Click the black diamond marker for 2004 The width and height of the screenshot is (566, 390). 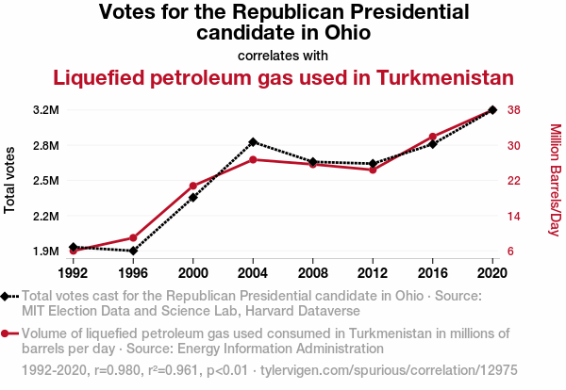point(253,142)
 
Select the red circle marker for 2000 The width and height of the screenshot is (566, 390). point(192,187)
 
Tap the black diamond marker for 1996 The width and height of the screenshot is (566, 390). point(133,251)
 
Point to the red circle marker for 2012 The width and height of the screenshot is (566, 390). point(373,170)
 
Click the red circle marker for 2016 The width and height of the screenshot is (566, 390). point(432,137)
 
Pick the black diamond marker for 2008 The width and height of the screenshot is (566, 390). point(312,162)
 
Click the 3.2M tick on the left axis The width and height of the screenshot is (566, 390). point(46,110)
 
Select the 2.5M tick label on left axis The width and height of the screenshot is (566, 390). point(46,181)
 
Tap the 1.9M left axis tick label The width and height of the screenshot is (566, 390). point(46,252)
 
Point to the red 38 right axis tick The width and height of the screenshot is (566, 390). point(514,110)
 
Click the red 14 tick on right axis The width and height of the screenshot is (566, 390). point(514,217)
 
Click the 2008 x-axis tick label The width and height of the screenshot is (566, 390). point(312,272)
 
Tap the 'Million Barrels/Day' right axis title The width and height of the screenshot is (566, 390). point(555,181)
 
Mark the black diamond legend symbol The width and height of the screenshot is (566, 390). point(8,297)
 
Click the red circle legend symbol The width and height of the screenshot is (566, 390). point(8,333)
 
